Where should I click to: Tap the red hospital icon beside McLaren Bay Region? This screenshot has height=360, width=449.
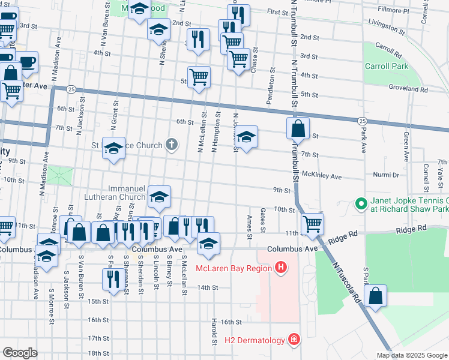(280, 267)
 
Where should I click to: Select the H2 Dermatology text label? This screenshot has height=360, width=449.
(255, 341)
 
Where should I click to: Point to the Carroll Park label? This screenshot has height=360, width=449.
(386, 66)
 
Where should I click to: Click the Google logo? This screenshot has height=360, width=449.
(20, 352)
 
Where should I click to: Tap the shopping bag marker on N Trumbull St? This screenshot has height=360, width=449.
(298, 128)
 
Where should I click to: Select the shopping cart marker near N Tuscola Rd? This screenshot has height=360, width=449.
(312, 224)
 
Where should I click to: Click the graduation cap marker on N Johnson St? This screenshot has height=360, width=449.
(246, 138)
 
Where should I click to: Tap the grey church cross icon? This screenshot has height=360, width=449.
(172, 145)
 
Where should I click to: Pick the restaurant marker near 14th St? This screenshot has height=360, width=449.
(112, 278)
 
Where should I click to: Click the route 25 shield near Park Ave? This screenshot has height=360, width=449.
(362, 121)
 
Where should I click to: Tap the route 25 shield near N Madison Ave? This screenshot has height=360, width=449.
(71, 89)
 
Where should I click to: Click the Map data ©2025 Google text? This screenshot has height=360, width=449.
(411, 355)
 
